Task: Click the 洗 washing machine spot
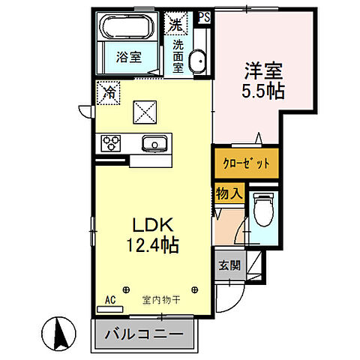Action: coord(175,24)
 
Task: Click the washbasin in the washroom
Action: coord(196,62)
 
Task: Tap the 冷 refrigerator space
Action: coord(109,94)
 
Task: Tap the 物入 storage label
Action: coord(229,193)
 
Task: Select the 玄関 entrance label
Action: coord(229,265)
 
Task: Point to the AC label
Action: coord(110,300)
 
